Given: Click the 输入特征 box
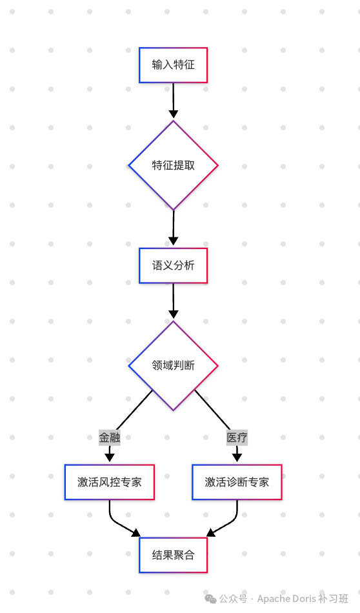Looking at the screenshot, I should pos(173,65).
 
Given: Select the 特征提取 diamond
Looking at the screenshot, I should pos(173,165).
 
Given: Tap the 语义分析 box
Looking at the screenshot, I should pos(173,265).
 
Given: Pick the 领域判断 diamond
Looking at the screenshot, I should pos(173,366).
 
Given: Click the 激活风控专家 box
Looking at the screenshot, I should pos(109,482).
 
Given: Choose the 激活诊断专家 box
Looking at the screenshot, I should pos(237,482).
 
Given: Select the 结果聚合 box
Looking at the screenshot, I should pos(173,555).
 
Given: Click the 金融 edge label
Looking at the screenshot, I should pos(109,437).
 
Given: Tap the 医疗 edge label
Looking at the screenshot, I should pos(237,437).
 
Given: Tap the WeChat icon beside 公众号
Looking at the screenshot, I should pos(211,598).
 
